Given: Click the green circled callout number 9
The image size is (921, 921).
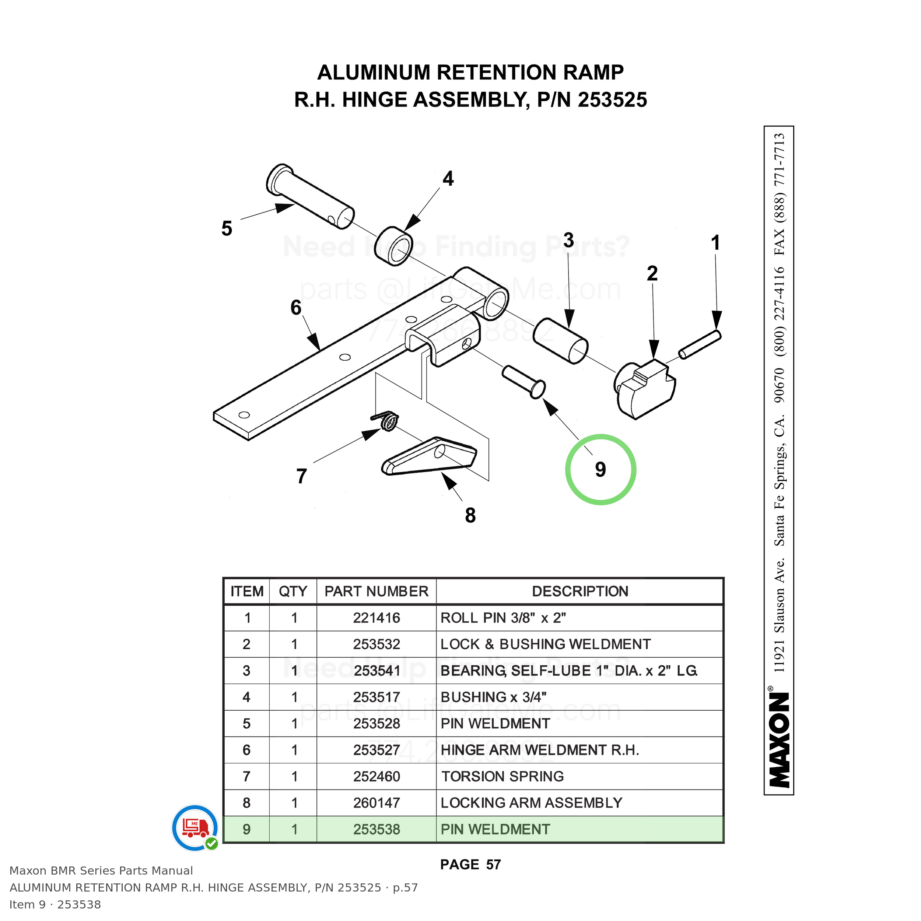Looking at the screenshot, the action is pos(600,470).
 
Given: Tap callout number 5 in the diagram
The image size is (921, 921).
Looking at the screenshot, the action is pos(227,228).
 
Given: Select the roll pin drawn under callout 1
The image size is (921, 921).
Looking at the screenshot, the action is pos(700,344).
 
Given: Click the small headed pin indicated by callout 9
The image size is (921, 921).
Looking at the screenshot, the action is pos(523,381).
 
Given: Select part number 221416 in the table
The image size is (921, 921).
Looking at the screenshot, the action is pos(377,618).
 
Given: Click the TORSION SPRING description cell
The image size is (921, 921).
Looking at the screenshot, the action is pos(502,777).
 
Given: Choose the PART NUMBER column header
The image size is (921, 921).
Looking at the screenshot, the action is pos(377,591).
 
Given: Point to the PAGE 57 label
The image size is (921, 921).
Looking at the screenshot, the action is pos(470,864).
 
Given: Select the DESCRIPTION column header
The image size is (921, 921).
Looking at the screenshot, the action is pos(580,591).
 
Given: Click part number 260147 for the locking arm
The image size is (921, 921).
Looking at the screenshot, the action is pos(377,803).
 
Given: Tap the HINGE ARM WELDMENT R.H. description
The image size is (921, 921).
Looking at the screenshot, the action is pos(540,750).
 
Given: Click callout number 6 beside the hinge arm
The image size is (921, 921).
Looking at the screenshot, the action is pos(296,308).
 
